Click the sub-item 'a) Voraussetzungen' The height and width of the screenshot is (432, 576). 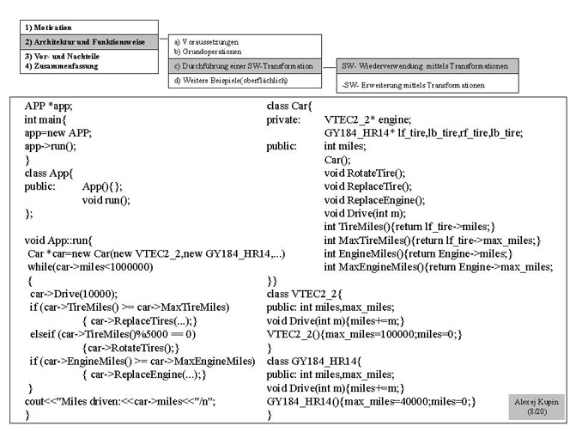(x=206, y=41)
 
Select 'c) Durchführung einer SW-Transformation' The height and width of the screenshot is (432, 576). (x=243, y=66)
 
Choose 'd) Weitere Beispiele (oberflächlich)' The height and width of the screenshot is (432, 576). (x=230, y=81)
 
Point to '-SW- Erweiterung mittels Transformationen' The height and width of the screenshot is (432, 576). (x=413, y=86)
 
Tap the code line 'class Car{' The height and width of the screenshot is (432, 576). (x=289, y=106)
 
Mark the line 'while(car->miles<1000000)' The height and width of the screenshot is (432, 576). (x=90, y=267)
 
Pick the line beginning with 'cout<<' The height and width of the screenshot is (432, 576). (x=120, y=401)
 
